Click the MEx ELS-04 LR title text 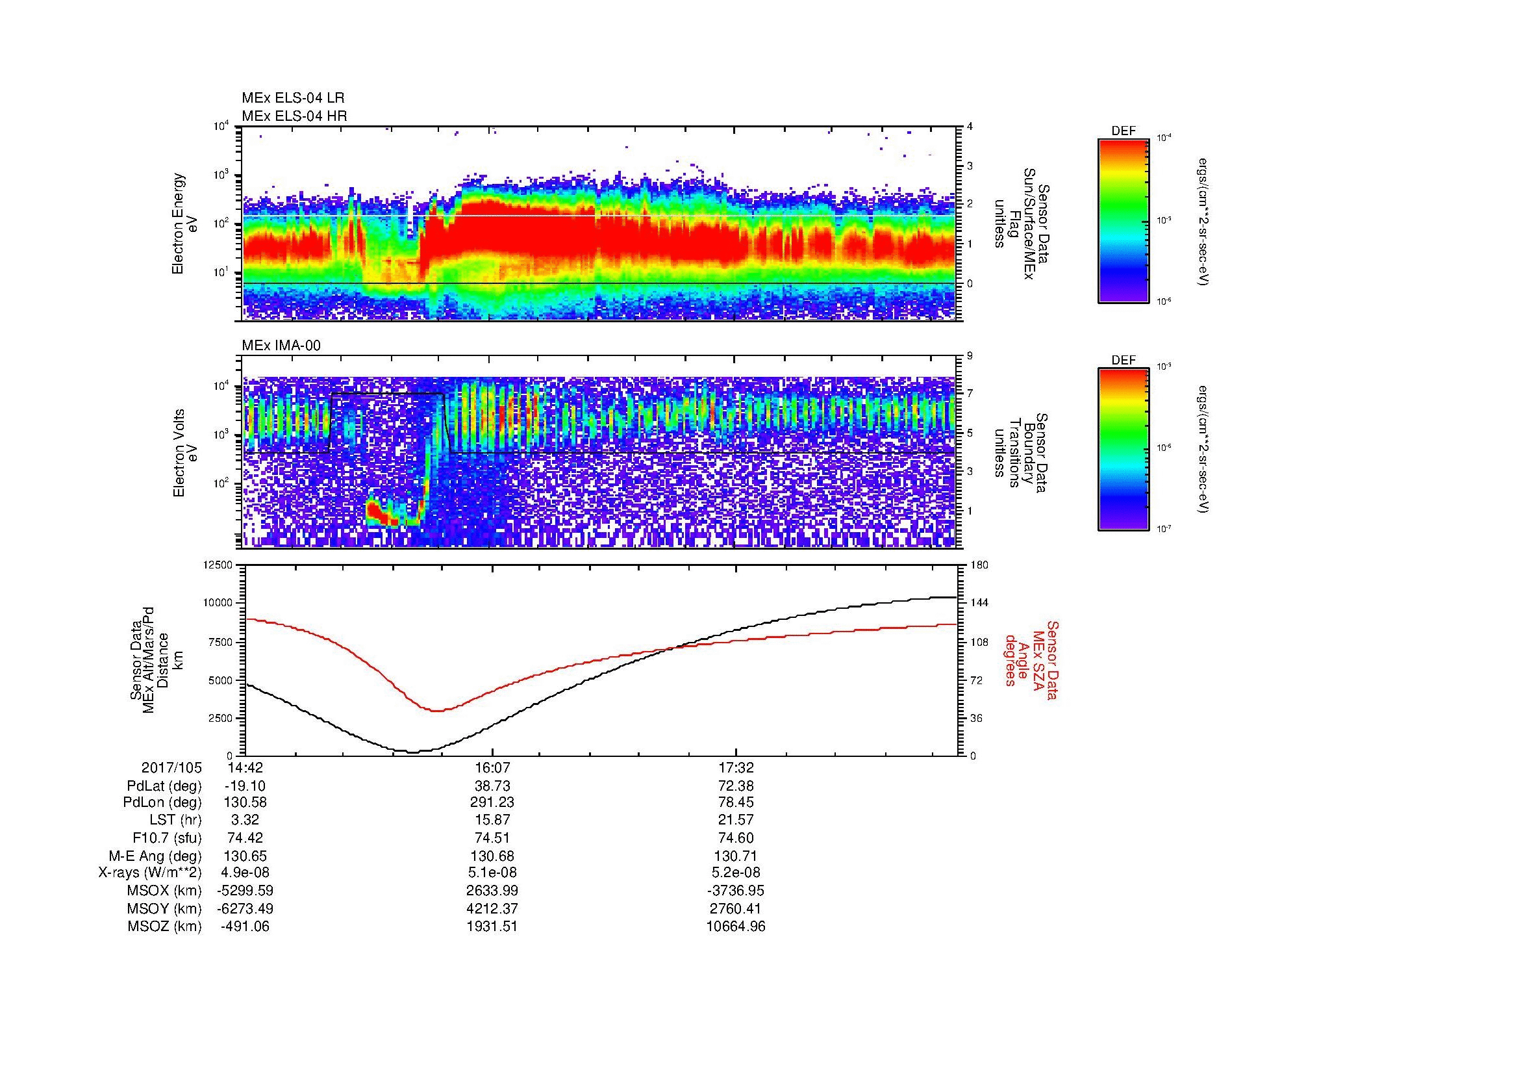(x=292, y=98)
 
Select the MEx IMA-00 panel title (x=281, y=346)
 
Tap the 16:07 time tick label (x=492, y=767)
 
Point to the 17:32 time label (x=736, y=767)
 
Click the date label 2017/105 (x=172, y=767)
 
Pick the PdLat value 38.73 (x=492, y=786)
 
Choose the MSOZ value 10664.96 (x=736, y=927)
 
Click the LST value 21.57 (x=736, y=821)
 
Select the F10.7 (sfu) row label (x=167, y=838)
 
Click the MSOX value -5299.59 (x=245, y=891)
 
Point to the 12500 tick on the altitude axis (x=218, y=565)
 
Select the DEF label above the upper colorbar (x=1124, y=131)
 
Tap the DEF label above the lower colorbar (x=1124, y=361)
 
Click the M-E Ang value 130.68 (x=492, y=856)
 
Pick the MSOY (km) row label (x=164, y=908)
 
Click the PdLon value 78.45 (x=736, y=802)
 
